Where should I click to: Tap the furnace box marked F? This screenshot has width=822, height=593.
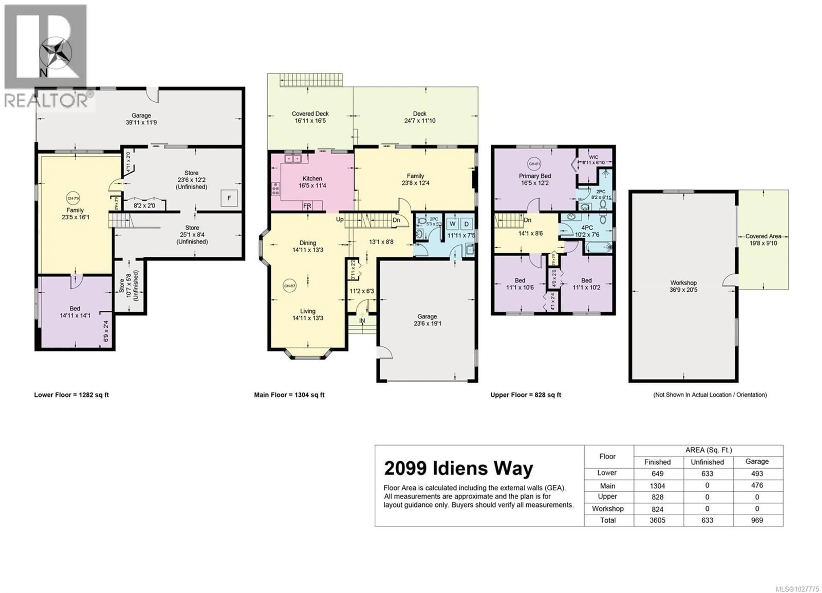pyautogui.click(x=229, y=198)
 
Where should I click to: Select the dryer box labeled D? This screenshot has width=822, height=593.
pyautogui.click(x=466, y=224)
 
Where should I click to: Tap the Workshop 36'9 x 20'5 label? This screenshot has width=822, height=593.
pyautogui.click(x=683, y=286)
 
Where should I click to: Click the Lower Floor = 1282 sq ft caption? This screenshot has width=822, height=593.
pyautogui.click(x=71, y=395)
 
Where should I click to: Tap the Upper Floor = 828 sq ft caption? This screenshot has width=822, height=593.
pyautogui.click(x=526, y=395)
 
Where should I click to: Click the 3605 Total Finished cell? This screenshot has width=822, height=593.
pyautogui.click(x=657, y=520)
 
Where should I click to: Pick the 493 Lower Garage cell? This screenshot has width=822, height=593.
pyautogui.click(x=757, y=473)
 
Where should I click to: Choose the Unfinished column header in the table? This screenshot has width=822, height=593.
pyautogui.click(x=707, y=462)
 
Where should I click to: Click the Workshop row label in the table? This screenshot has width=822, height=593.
pyautogui.click(x=608, y=508)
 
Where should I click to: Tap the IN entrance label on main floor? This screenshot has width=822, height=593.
pyautogui.click(x=362, y=321)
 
